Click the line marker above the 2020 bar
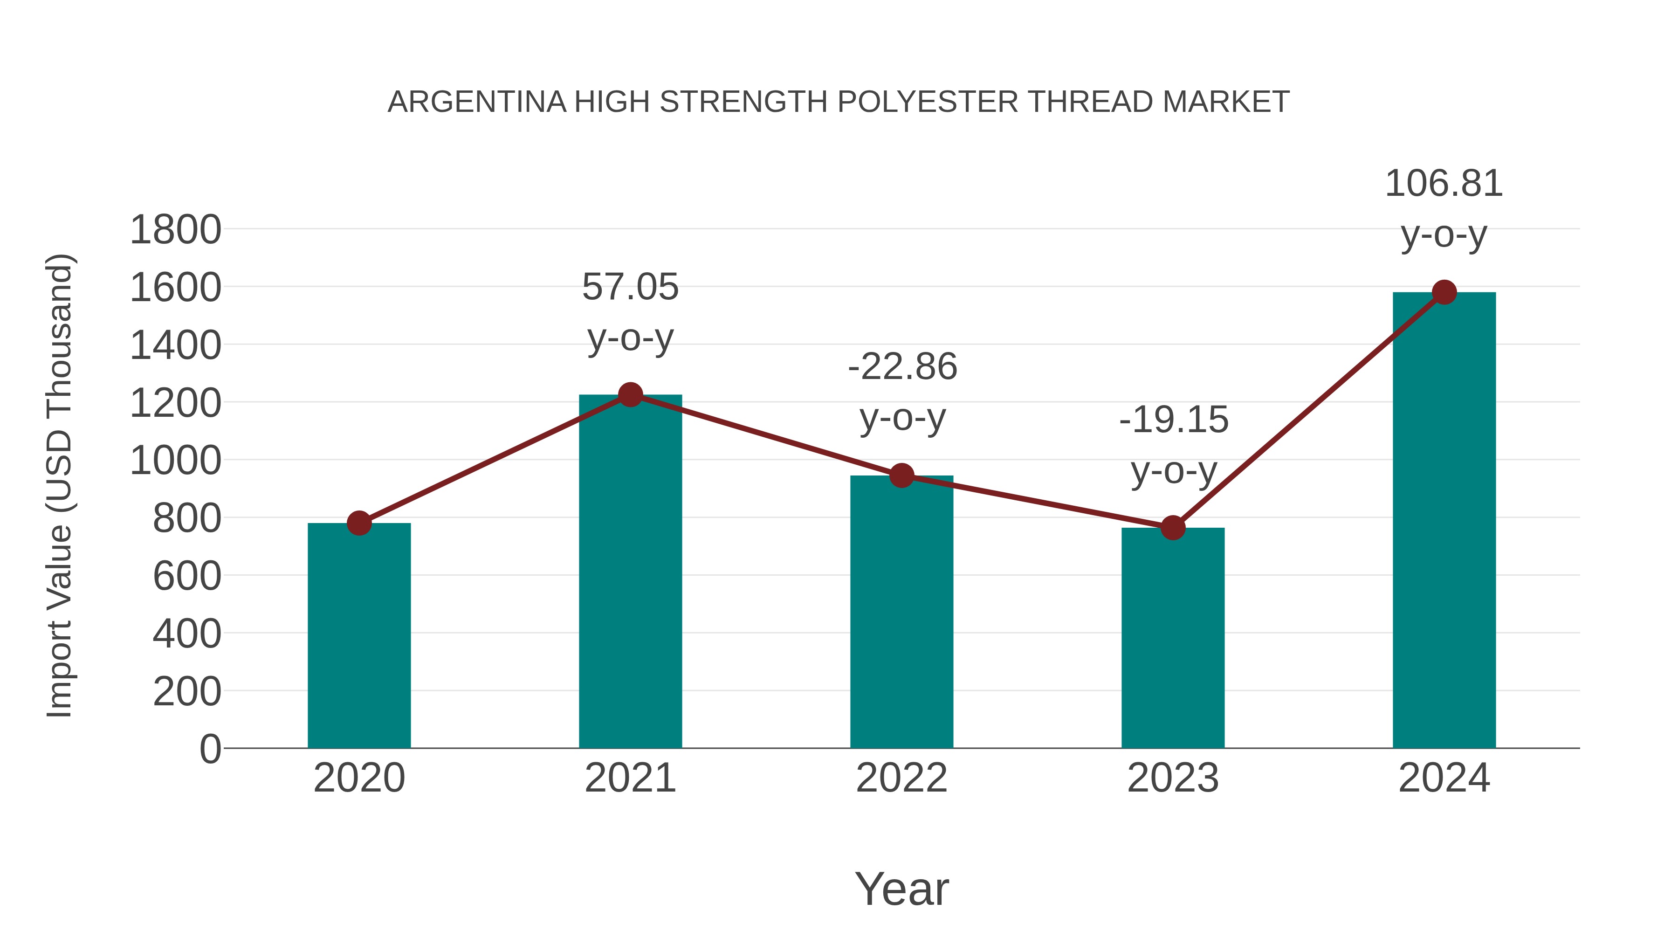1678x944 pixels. (359, 523)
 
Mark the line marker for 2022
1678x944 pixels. (901, 475)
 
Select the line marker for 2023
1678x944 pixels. (1173, 528)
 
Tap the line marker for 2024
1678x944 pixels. (1444, 292)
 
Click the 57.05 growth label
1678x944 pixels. (630, 287)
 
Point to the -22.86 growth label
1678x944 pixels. (902, 367)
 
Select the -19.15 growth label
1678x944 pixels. (1173, 420)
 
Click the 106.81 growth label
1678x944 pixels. (1444, 184)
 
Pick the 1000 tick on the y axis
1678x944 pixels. (175, 461)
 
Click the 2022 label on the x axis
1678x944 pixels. (901, 778)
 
